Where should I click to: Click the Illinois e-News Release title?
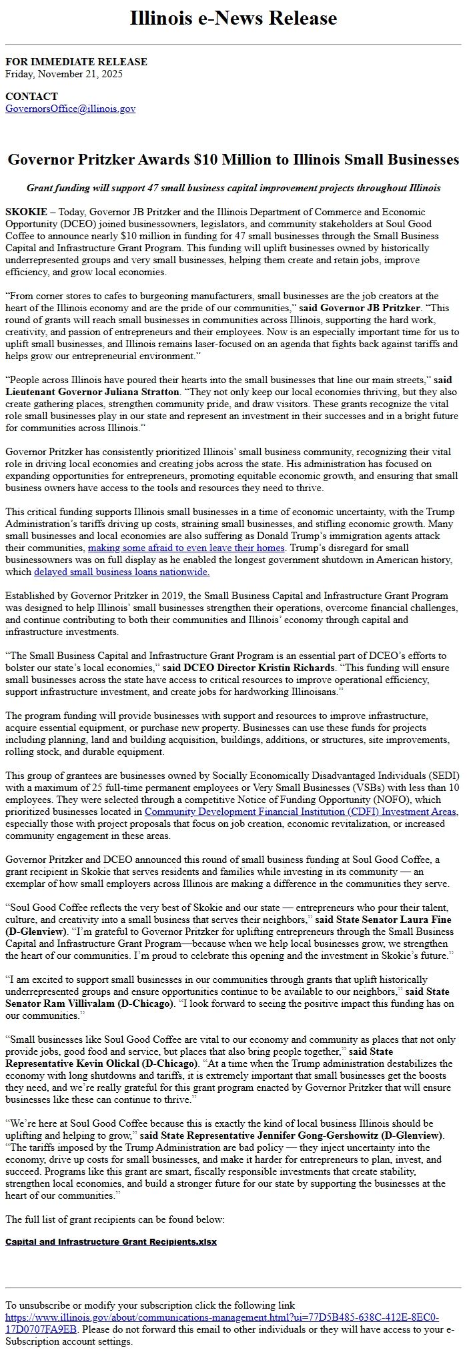tap(233, 18)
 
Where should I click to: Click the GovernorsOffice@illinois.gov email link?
tap(70, 109)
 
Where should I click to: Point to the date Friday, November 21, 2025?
tap(63, 74)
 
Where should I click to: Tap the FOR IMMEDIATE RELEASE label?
tap(76, 62)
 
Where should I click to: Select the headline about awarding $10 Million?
tap(233, 160)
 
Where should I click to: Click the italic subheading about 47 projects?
tap(233, 188)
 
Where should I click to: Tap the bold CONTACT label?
tap(31, 97)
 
